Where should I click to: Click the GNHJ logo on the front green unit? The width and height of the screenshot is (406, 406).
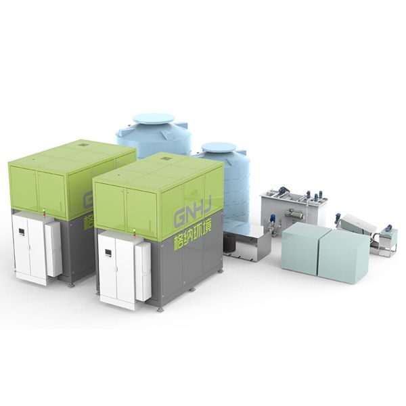pos(193,208)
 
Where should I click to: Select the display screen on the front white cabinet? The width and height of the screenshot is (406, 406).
pos(108,252)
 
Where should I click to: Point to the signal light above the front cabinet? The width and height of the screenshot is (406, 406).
pos(134,231)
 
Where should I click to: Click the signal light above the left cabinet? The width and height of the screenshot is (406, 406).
pos(44,212)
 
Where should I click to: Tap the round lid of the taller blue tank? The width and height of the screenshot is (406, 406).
pos(154,119)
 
